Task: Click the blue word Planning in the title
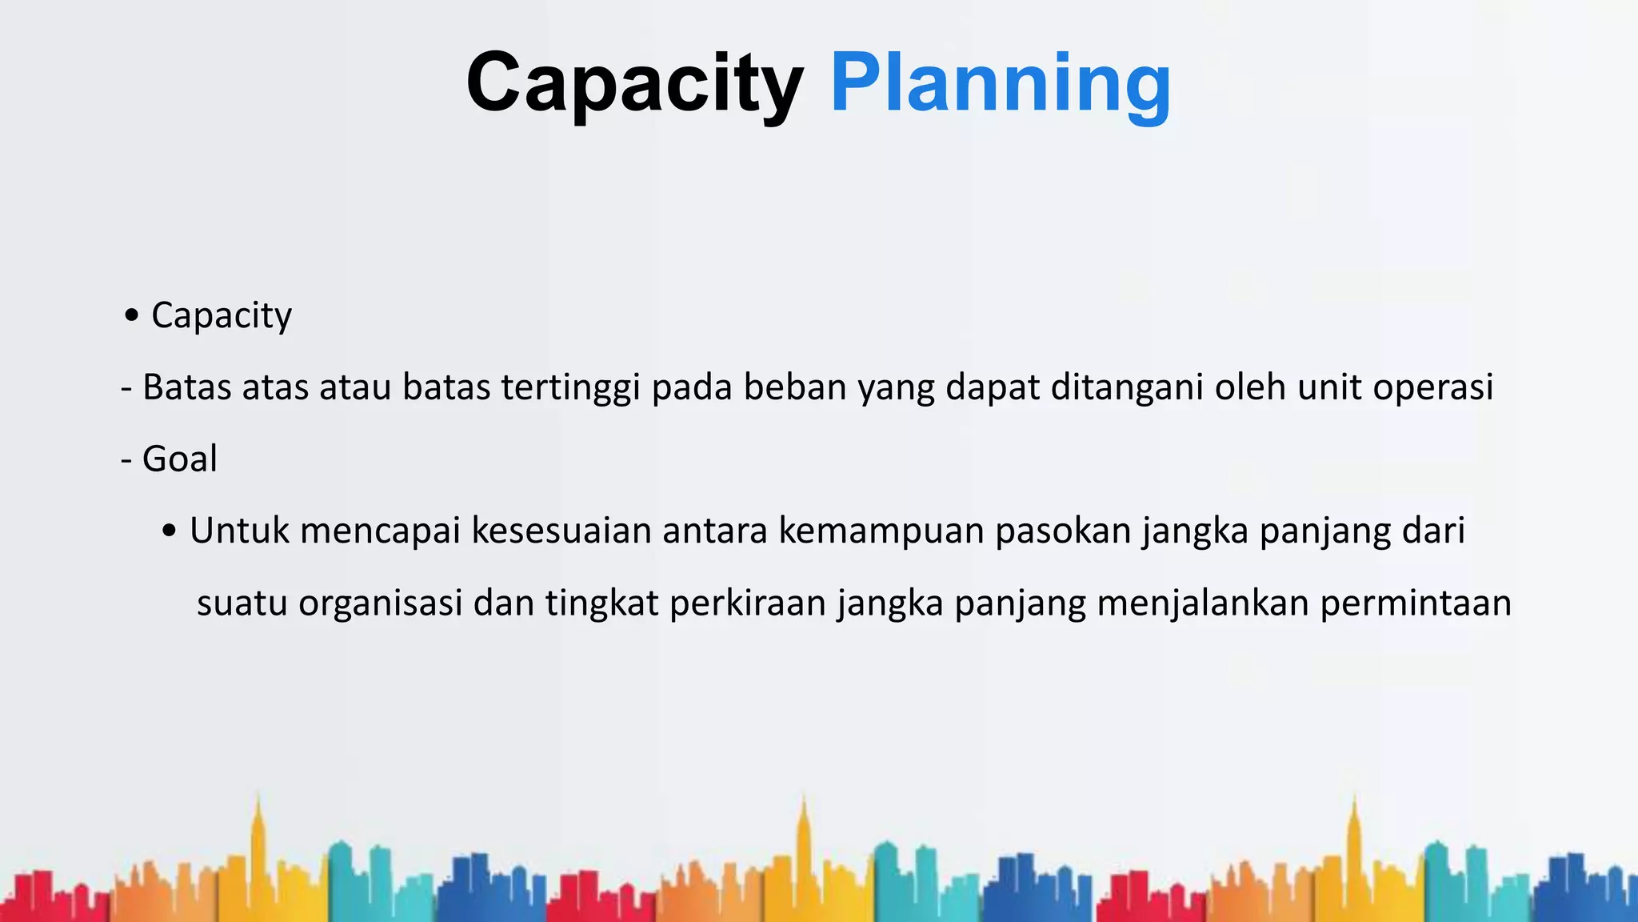click(x=1001, y=84)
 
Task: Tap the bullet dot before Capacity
click(x=132, y=315)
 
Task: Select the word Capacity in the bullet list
click(x=222, y=315)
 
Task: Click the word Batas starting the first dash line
click(x=186, y=387)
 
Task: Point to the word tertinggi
click(x=570, y=387)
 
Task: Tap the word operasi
click(x=1432, y=387)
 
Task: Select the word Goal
click(x=179, y=459)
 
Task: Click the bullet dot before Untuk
click(x=169, y=531)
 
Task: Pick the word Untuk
click(x=239, y=531)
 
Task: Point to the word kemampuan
click(x=881, y=531)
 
